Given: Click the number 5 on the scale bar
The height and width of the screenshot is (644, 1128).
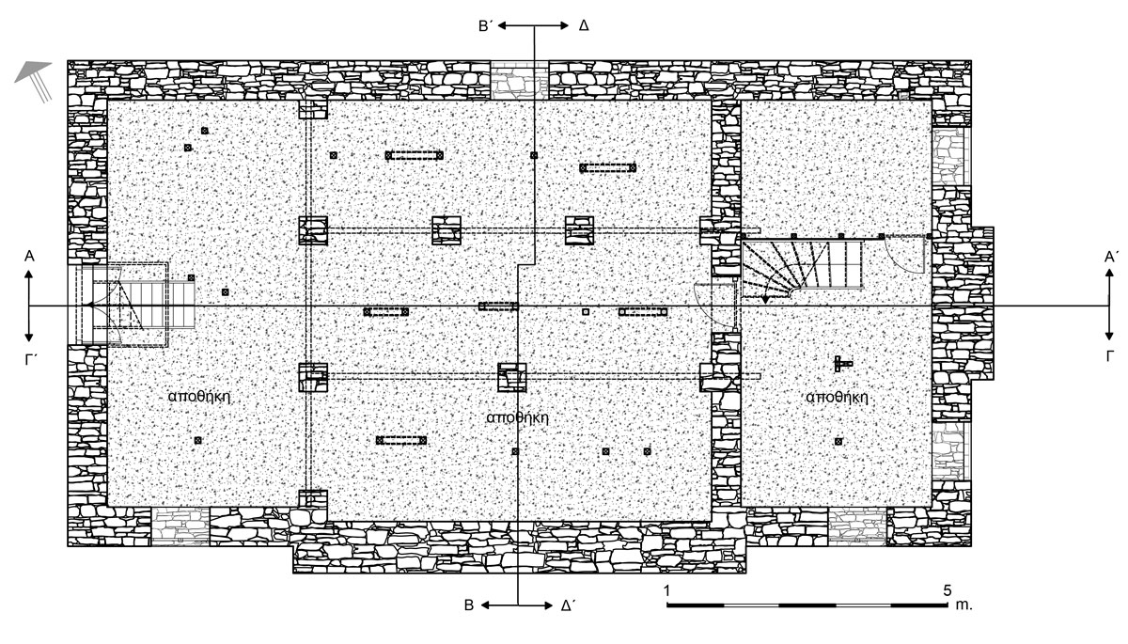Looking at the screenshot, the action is [948, 589].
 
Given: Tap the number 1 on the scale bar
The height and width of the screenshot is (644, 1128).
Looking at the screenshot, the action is [666, 590].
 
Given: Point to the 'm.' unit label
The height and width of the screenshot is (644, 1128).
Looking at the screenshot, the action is [963, 605].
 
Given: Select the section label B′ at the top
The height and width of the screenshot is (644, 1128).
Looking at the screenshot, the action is [485, 26].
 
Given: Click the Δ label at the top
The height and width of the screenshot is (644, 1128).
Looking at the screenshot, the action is [584, 25].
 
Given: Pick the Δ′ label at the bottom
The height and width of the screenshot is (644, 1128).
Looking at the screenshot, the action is [569, 605].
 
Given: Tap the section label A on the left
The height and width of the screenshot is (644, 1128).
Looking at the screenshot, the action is [29, 257].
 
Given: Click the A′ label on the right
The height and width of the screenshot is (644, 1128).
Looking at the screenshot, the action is [1111, 258].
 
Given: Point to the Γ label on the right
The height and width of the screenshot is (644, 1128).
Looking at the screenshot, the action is [1110, 356].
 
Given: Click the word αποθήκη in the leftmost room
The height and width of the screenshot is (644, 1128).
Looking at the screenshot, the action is [199, 396].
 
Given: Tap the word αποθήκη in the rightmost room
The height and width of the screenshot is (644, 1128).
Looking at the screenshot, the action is [837, 398].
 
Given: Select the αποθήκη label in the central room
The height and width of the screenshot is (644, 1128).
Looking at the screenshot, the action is [518, 417].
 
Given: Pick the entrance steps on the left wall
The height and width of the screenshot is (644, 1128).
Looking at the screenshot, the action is [135, 306].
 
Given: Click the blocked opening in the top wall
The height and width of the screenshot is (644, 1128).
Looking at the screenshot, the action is [519, 80].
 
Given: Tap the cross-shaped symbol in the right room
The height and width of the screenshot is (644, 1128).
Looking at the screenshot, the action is [841, 363].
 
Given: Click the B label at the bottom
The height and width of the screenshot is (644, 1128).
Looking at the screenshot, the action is [469, 605].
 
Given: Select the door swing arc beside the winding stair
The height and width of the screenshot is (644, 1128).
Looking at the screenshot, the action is [905, 257].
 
